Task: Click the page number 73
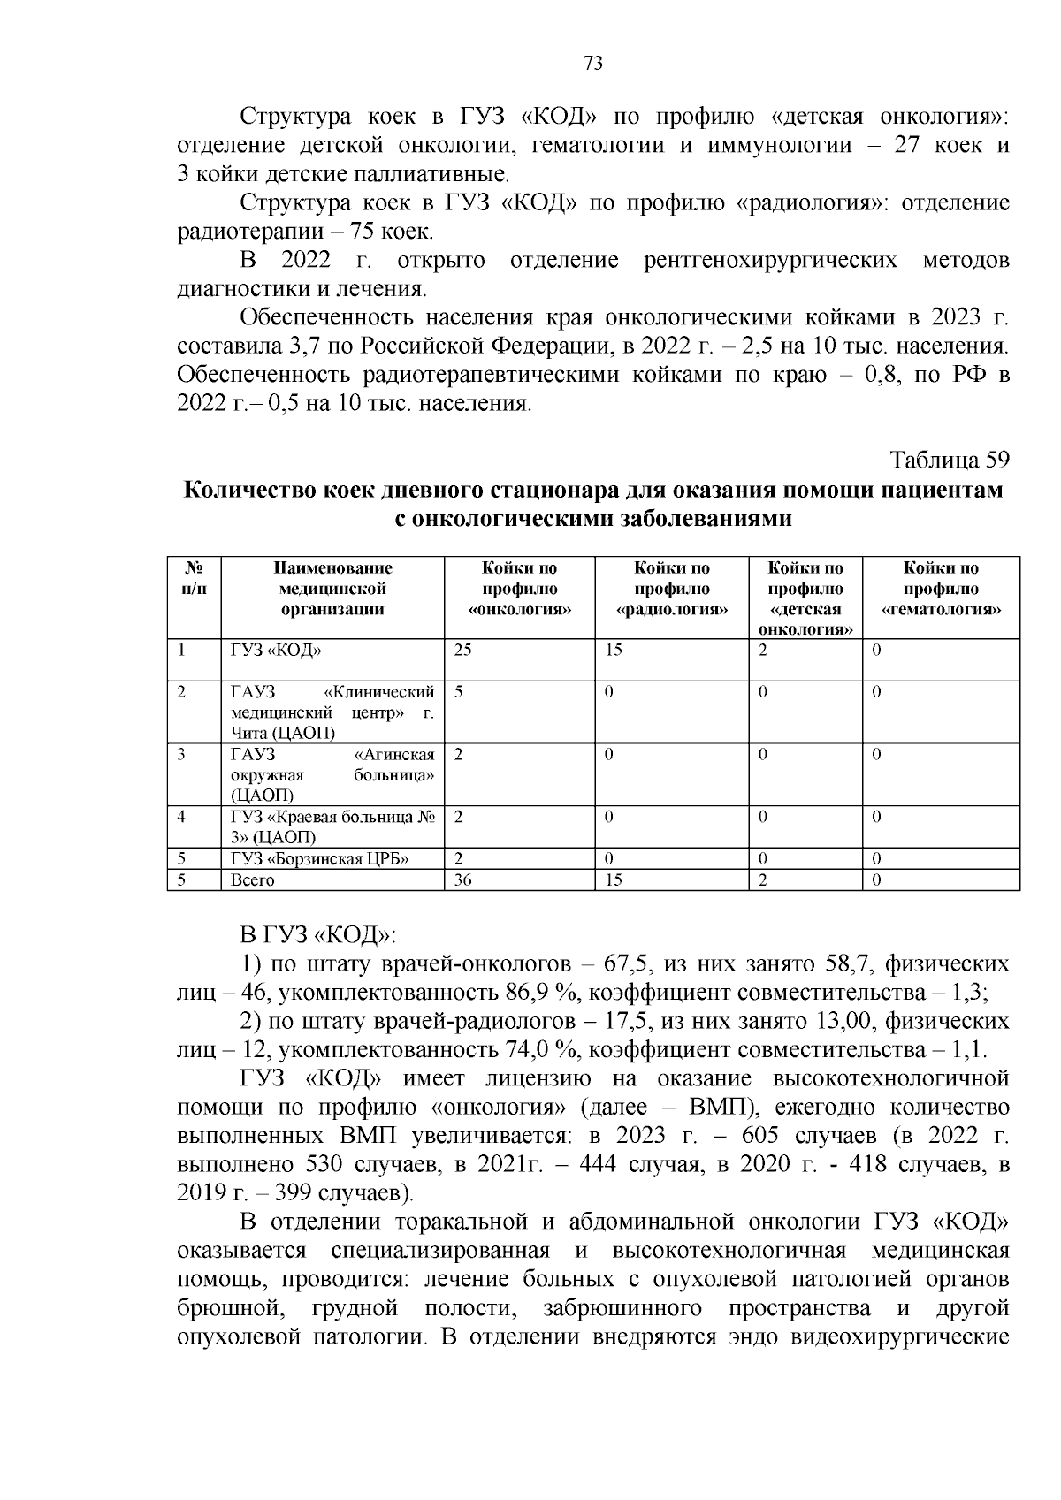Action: click(593, 63)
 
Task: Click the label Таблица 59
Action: click(949, 461)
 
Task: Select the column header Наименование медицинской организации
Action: click(332, 589)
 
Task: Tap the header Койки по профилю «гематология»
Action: click(941, 589)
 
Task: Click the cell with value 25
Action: click(463, 651)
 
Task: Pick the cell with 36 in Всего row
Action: click(463, 880)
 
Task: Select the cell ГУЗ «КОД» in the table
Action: click(276, 651)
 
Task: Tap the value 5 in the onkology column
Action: click(459, 692)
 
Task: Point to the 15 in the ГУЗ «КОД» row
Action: click(614, 651)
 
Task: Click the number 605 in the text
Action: click(761, 1135)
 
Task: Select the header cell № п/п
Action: click(194, 579)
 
